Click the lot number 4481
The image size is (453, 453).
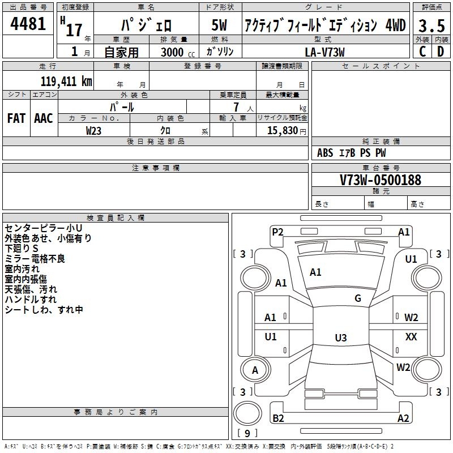28,24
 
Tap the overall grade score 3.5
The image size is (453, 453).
431,25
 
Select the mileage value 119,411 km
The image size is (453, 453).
66,82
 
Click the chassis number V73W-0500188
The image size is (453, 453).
381,180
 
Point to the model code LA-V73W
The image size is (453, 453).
324,52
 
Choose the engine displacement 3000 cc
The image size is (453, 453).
178,52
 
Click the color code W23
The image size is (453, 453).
93,131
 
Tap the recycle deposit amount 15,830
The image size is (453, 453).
283,131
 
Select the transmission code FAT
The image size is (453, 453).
16,118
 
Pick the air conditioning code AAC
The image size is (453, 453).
44,118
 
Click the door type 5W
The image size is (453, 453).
219,25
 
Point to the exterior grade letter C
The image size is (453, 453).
422,52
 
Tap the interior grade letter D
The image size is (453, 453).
441,52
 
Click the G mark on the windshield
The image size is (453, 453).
358,298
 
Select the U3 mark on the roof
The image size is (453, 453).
341,337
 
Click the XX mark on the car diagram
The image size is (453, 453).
411,336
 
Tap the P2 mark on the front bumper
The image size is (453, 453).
277,232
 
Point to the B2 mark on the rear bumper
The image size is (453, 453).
278,418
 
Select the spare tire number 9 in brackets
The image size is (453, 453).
247,433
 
